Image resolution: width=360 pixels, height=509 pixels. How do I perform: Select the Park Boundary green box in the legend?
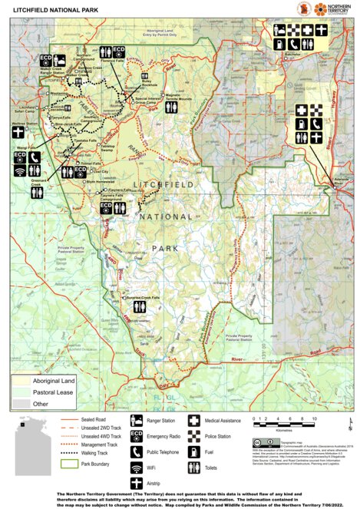click(67, 464)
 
